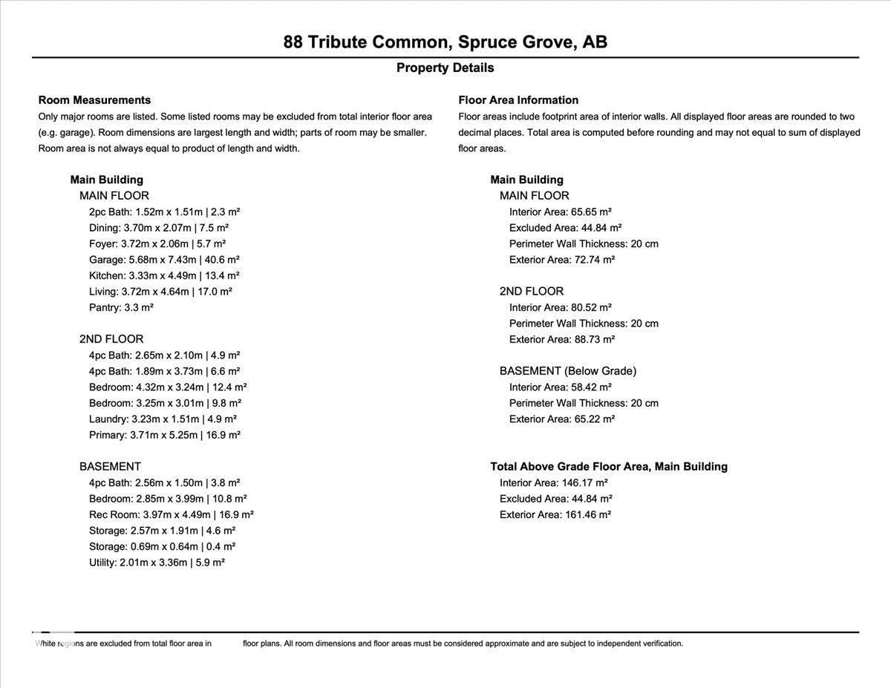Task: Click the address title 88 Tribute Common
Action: pyautogui.click(x=445, y=42)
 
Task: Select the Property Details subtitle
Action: pyautogui.click(x=445, y=68)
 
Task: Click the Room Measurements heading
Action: pyautogui.click(x=94, y=100)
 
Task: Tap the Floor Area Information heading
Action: pyautogui.click(x=518, y=100)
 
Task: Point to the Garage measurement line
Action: pyautogui.click(x=164, y=260)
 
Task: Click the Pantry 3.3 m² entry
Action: pyautogui.click(x=121, y=307)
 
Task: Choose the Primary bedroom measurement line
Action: pyautogui.click(x=164, y=435)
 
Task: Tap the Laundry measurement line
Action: pyautogui.click(x=163, y=419)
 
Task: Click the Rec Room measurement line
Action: pyautogui.click(x=171, y=514)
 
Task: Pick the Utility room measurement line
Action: pyautogui.click(x=157, y=563)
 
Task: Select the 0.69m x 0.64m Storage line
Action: pyautogui.click(x=162, y=546)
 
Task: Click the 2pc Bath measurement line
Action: pyautogui.click(x=164, y=212)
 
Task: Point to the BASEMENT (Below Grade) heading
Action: pyautogui.click(x=567, y=371)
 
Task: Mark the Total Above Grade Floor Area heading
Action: pyautogui.click(x=609, y=467)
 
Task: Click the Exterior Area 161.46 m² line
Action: pyautogui.click(x=555, y=514)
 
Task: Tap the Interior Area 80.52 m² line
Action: pyautogui.click(x=560, y=307)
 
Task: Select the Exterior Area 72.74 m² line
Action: pyautogui.click(x=561, y=260)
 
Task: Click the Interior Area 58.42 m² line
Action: pyautogui.click(x=560, y=387)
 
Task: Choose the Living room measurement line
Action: pyautogui.click(x=160, y=292)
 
